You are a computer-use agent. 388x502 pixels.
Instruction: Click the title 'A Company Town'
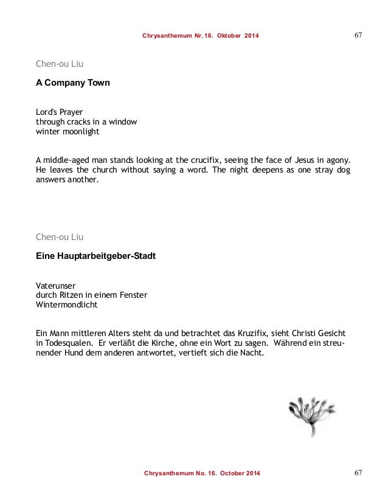click(x=73, y=83)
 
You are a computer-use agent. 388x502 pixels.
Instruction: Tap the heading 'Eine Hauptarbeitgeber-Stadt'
click(x=95, y=256)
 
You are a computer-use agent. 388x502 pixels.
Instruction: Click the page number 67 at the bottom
click(x=358, y=472)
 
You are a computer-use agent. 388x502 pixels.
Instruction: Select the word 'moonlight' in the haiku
click(x=80, y=131)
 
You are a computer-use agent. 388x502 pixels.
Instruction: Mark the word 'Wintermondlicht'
click(x=66, y=305)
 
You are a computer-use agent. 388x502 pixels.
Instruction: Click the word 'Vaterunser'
click(x=56, y=285)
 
